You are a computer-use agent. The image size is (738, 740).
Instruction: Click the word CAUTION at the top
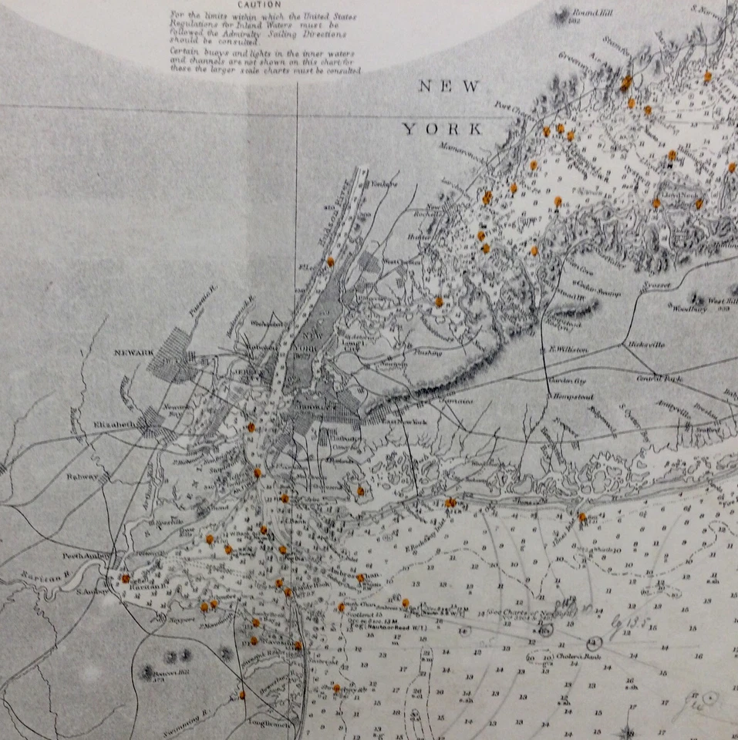[259, 5]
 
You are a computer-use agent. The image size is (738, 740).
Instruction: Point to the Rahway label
[85, 476]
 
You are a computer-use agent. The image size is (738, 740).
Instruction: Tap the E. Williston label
[568, 349]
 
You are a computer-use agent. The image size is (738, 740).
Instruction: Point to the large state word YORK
[442, 129]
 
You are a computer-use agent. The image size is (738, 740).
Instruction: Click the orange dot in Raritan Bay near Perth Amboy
[125, 578]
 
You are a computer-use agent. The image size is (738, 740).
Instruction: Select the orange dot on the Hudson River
[330, 261]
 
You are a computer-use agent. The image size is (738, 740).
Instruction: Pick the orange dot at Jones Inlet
[582, 516]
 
